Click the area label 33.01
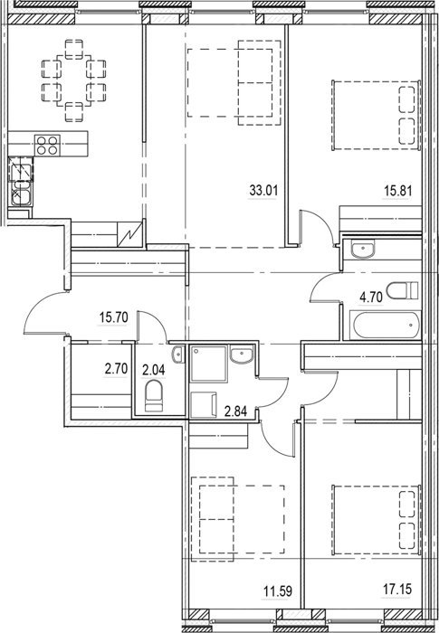tap(263, 190)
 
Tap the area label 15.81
tap(397, 190)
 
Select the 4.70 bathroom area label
tap(371, 298)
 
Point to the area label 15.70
tap(113, 317)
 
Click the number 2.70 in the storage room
tap(116, 369)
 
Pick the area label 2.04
tap(154, 369)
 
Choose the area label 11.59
tap(278, 591)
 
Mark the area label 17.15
tap(397, 589)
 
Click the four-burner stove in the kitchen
tap(47, 146)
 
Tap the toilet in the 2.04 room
tap(154, 396)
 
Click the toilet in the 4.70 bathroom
tap(402, 290)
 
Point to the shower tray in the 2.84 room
tap(208, 364)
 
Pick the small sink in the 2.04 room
tap(178, 354)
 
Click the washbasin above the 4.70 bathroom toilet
tap(363, 249)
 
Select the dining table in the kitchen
tap(73, 80)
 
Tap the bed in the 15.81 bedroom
tap(377, 115)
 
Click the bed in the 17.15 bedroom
tap(377, 520)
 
